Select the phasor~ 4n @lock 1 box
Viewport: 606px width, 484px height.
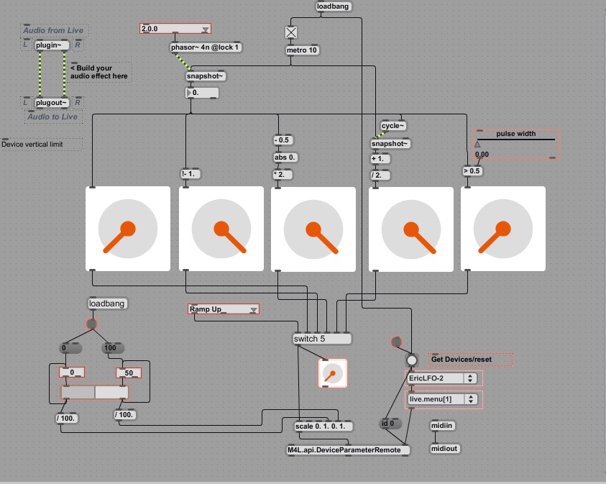tap(206, 47)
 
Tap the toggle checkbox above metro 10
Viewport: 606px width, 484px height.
tap(290, 32)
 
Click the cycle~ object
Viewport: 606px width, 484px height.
tap(393, 126)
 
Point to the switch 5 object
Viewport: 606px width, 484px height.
tap(322, 339)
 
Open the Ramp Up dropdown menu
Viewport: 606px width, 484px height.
tap(223, 309)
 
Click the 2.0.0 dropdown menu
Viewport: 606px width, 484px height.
tap(175, 29)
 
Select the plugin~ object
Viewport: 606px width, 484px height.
tap(52, 45)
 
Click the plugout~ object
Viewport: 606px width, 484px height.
tap(52, 102)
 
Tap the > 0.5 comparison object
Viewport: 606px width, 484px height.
tap(472, 171)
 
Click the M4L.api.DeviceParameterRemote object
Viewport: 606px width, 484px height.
tap(348, 450)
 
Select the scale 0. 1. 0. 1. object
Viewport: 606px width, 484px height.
tap(323, 426)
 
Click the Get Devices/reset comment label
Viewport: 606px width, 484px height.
tap(470, 359)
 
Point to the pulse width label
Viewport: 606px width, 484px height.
tap(515, 133)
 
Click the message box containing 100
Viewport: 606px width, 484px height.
tap(110, 348)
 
